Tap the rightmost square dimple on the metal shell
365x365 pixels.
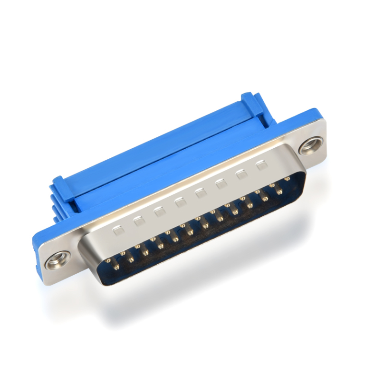261,165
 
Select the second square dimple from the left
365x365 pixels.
139,221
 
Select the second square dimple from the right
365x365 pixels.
241,174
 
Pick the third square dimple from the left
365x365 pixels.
160,211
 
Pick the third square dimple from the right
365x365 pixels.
221,183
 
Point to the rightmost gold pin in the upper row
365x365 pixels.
287,179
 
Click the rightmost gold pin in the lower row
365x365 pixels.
279,192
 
